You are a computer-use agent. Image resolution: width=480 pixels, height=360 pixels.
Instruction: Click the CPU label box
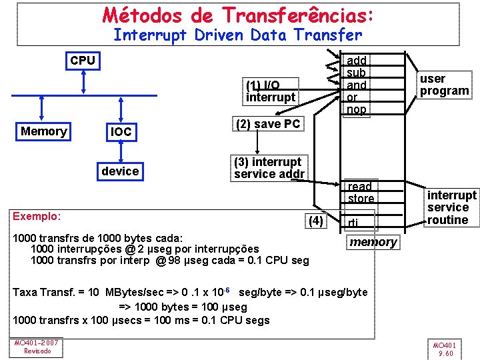point(83,61)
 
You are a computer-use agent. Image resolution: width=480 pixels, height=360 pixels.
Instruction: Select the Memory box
point(43,131)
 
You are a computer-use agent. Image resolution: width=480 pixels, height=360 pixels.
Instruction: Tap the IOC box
point(121,132)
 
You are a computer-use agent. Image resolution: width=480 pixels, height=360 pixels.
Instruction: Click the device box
point(121,171)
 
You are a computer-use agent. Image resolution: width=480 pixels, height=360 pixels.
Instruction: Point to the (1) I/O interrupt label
point(270,91)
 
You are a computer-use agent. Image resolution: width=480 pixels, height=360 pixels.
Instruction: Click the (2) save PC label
point(268,124)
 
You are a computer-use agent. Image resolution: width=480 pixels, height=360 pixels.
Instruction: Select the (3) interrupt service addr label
point(269,168)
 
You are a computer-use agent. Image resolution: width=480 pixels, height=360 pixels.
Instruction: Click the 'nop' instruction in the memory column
point(357,110)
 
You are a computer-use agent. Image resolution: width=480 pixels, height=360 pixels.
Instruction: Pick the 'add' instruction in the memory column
point(357,61)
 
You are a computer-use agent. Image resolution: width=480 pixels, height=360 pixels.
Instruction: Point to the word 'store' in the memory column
point(361,199)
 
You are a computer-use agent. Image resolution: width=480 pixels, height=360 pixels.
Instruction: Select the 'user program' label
point(444,85)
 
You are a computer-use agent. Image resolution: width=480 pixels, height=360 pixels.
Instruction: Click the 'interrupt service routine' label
point(451,207)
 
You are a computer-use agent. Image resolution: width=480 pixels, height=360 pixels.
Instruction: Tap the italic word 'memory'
point(373,242)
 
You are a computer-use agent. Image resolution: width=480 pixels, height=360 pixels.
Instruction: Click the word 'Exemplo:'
point(37,216)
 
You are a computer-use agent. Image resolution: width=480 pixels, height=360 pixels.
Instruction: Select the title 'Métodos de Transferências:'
point(238,15)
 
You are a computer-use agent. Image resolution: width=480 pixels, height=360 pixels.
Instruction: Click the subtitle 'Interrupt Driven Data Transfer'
point(238,35)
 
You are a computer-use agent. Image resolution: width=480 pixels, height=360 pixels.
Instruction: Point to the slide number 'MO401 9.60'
point(444,349)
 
